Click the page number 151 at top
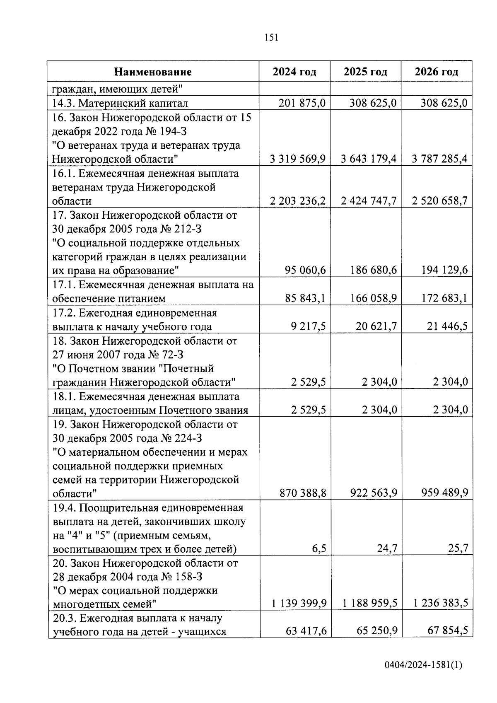tap(271, 38)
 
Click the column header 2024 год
tap(294, 72)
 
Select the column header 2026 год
tap(437, 72)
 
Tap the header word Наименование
tap(153, 72)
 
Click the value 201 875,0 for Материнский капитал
tap(302, 103)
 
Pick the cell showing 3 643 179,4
tap(369, 159)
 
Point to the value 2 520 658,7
tap(440, 201)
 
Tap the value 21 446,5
tap(447, 326)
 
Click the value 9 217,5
tap(309, 326)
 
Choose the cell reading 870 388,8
tap(303, 493)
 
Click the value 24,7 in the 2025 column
tap(387, 548)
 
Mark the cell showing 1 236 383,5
tap(441, 603)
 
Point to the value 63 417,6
tap(306, 631)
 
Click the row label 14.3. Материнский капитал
tap(120, 103)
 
